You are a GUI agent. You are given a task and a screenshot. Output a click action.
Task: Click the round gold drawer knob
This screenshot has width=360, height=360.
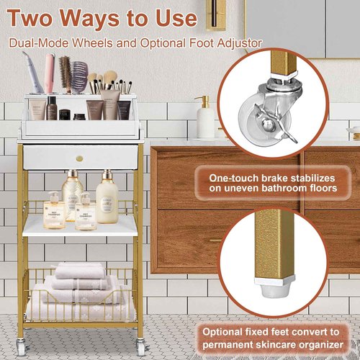pyautogui.click(x=80, y=158)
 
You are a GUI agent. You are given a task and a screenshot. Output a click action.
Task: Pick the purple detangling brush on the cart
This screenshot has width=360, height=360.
pyautogui.click(x=79, y=76)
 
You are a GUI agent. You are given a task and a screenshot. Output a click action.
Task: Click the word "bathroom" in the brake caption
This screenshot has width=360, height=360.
pyautogui.click(x=297, y=189)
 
